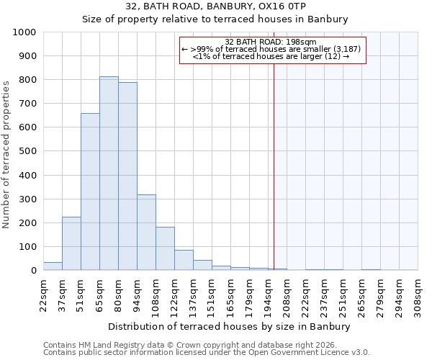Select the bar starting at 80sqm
click(127, 176)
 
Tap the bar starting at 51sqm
click(90, 192)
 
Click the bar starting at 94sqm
click(146, 232)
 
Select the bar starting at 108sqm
click(165, 248)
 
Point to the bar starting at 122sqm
click(184, 260)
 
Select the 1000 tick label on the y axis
click(24, 32)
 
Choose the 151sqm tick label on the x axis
click(212, 295)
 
